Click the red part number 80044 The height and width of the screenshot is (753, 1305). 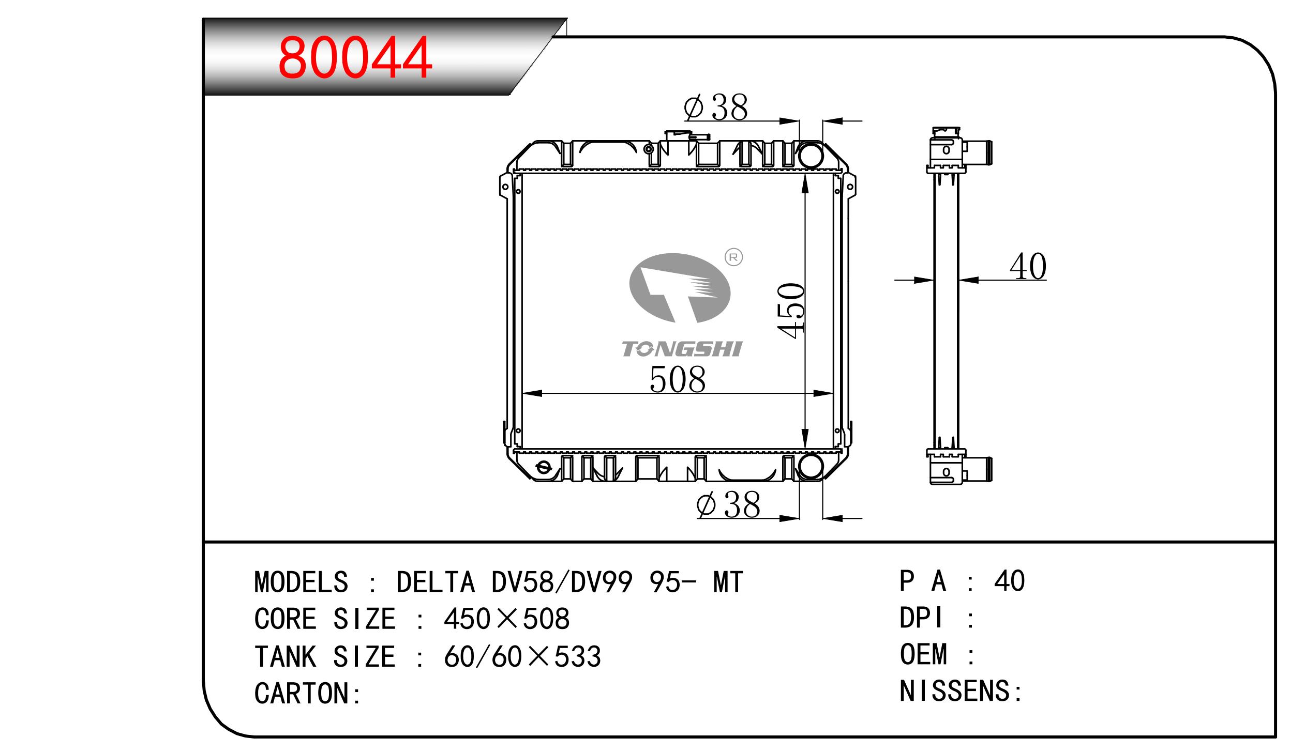coord(354,57)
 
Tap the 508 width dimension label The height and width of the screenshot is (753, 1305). coord(677,380)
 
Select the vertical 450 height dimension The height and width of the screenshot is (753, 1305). coord(791,311)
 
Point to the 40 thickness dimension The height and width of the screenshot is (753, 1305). coord(1028,267)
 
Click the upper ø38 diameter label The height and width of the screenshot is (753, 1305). coord(716,107)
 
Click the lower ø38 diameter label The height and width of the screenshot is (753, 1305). coord(728,504)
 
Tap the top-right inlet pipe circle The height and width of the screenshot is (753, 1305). coord(811,155)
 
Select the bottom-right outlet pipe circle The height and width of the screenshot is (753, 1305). coord(811,466)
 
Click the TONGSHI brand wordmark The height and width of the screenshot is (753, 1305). coord(682,349)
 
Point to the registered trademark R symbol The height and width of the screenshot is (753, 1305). coord(733,256)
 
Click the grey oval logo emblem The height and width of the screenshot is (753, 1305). coord(680,287)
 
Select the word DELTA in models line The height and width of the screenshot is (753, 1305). coord(435,582)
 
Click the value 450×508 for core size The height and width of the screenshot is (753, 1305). coord(506,619)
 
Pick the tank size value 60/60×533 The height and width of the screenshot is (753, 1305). coord(522,656)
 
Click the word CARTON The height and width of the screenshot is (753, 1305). coord(302,694)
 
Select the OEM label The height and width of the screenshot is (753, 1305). coord(923,654)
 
